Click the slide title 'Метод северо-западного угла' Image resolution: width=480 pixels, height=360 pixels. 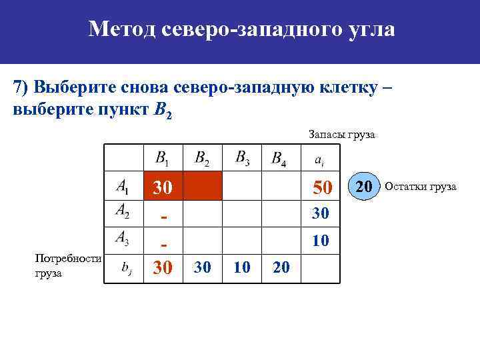click(241, 29)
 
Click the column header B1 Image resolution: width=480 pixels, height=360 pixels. click(162, 158)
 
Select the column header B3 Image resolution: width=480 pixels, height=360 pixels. click(243, 158)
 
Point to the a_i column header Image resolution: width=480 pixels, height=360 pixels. click(320, 160)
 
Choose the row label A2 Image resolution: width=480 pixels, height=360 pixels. click(123, 211)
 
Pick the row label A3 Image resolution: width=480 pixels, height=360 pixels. click(123, 237)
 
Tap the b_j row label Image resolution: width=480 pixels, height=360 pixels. click(125, 268)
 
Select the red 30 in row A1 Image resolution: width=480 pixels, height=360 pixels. click(163, 189)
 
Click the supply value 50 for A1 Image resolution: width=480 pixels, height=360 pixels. click(321, 189)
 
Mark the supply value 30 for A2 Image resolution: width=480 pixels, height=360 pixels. click(321, 214)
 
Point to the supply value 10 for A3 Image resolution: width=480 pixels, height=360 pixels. click(321, 240)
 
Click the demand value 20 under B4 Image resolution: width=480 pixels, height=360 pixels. click(281, 267)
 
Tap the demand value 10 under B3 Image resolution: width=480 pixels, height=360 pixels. click(242, 267)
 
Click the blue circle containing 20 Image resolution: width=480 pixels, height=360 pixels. click(363, 186)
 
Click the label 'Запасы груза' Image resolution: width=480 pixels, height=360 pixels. click(341, 135)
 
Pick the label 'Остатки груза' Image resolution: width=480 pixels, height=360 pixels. click(421, 187)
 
